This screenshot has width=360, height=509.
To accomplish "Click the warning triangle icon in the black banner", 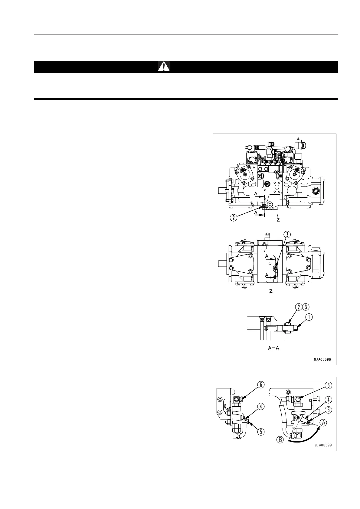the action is point(164,66).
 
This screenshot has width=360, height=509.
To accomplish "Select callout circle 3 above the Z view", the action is point(287,234).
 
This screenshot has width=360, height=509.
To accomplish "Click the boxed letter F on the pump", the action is point(260,176).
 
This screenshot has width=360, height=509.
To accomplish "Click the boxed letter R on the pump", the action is point(280,176).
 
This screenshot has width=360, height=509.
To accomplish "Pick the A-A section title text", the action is point(273,348).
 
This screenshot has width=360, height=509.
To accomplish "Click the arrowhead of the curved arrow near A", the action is point(319,427).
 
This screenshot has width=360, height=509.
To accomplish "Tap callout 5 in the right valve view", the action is point(328,411).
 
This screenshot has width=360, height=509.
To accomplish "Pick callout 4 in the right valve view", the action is point(328,400).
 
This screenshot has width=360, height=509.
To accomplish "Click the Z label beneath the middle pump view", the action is point(271,291).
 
